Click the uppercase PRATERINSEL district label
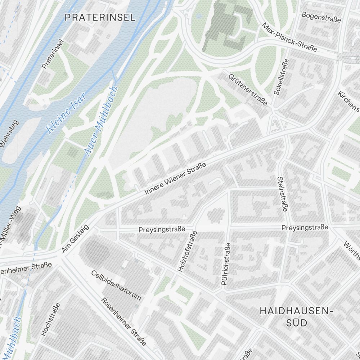(x=100, y=17)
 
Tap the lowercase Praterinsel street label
(x=53, y=54)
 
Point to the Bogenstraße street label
(x=321, y=17)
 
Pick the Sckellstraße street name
(x=281, y=77)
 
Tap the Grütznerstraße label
(x=248, y=90)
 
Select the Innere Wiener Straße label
(x=175, y=179)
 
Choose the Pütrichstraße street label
(x=226, y=264)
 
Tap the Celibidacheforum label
(x=116, y=285)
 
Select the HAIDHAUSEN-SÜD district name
(x=294, y=316)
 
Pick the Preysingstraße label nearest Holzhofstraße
(x=162, y=229)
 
